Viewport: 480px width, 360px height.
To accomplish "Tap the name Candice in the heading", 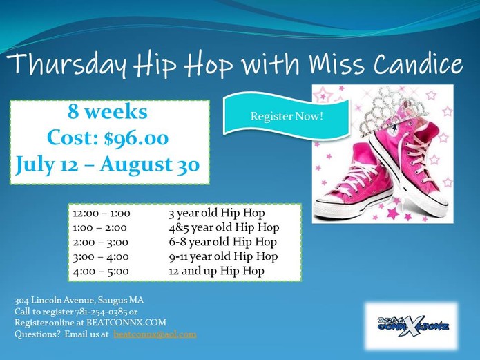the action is (418, 64).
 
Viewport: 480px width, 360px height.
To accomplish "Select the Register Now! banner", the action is (286, 116).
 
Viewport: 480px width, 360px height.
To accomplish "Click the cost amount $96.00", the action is (136, 138).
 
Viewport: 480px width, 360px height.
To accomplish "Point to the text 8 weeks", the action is (108, 111).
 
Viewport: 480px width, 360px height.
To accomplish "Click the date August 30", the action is (150, 165).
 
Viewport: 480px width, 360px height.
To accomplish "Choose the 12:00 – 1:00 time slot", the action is (102, 214).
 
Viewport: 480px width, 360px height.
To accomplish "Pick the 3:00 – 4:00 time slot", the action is (101, 257).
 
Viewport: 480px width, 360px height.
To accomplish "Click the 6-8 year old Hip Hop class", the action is (223, 242).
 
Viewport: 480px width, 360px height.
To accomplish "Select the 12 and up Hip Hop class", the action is (216, 271).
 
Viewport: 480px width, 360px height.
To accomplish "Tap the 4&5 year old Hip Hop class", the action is (224, 227).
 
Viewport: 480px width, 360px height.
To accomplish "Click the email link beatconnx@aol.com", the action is (155, 334).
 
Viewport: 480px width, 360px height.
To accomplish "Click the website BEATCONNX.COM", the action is (126, 323).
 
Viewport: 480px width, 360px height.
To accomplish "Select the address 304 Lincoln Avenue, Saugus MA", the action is (79, 301).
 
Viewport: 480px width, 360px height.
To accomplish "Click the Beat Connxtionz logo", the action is (412, 326).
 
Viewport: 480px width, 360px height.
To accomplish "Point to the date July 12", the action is (47, 165).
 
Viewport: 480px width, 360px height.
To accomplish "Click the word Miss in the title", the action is (337, 64).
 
